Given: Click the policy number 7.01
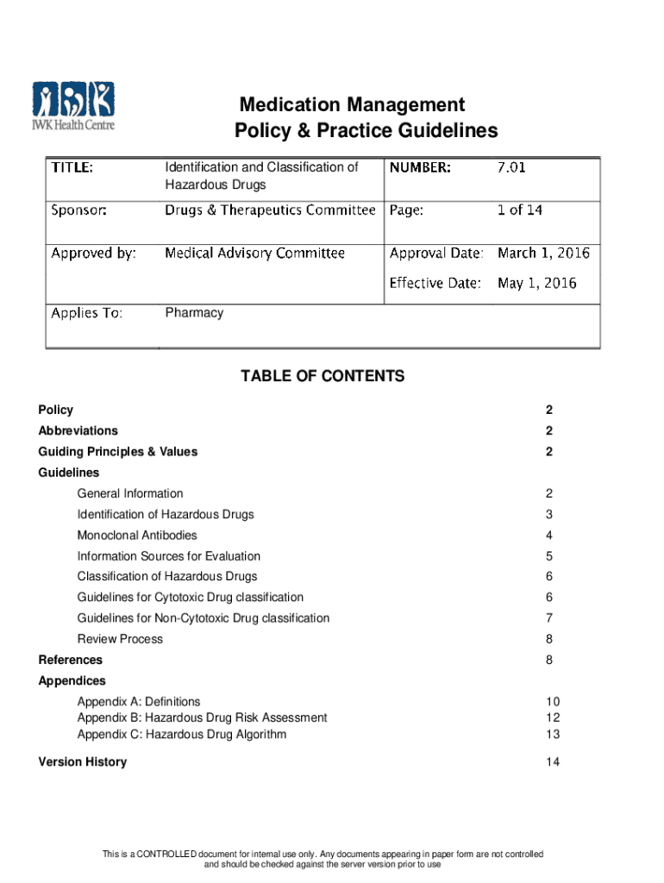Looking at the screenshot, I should point(511,167).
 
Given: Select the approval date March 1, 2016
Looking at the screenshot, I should point(543,253).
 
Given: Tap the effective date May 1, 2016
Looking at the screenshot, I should point(536,282).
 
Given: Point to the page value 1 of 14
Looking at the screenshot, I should point(520,210).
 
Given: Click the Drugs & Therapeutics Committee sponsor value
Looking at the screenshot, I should point(270,210).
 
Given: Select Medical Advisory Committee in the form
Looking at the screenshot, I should point(254,253).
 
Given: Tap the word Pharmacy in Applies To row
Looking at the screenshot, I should point(194,312).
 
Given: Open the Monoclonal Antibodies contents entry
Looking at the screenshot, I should point(137,535).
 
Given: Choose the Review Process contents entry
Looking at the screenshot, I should point(120,639).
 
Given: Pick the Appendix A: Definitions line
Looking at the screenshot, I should point(139,702).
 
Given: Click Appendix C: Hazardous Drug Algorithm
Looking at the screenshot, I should point(182,735).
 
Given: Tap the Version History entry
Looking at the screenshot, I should point(83,761).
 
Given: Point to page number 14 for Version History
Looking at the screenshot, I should point(553,761).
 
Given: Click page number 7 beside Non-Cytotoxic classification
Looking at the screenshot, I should point(548,618).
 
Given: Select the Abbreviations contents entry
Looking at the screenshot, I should point(78,430).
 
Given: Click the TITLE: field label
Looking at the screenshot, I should point(72,167).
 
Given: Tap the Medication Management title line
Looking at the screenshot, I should point(352,105).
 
